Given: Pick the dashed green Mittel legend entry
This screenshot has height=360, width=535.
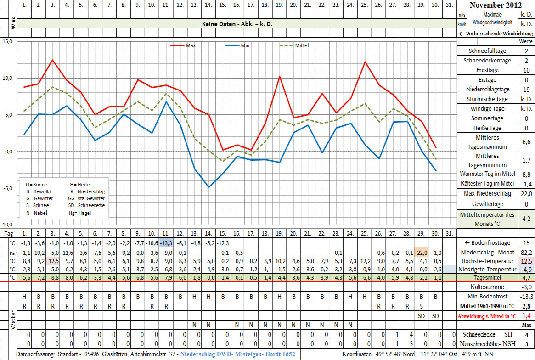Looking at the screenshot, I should [294, 45].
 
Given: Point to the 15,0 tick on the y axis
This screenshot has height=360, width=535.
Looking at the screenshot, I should [7, 41].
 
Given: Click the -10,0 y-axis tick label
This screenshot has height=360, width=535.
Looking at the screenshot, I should [6, 225].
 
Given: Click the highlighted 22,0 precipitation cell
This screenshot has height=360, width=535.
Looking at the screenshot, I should [422, 252].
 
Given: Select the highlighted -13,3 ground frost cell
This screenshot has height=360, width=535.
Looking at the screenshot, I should [166, 243].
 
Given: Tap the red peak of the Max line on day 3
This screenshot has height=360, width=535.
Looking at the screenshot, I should [53, 60].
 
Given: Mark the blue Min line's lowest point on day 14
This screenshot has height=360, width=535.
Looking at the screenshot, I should [208, 187].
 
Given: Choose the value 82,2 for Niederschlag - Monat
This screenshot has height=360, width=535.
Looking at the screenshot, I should [526, 252].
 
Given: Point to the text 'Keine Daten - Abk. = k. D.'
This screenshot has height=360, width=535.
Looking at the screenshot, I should [237, 23].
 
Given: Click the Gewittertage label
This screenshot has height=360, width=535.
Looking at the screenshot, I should [488, 204].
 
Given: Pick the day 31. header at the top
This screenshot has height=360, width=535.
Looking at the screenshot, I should [450, 5].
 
